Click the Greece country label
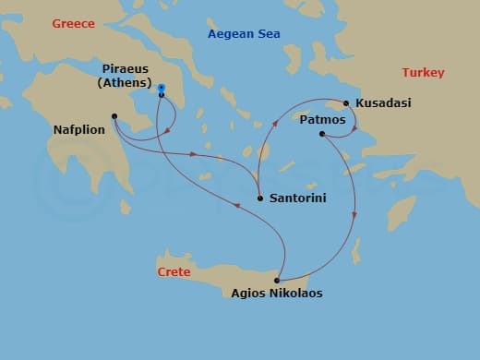pos(73,23)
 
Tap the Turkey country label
pos(423,73)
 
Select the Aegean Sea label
pos(244,34)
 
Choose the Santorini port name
pos(297,198)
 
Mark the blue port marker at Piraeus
pos(162,89)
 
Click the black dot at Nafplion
pos(114,116)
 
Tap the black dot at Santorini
pos(260,198)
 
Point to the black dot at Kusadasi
pos(346,103)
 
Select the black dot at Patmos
pos(321,135)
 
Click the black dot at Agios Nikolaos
pos(277,280)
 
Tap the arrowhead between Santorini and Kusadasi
pos(273,121)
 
